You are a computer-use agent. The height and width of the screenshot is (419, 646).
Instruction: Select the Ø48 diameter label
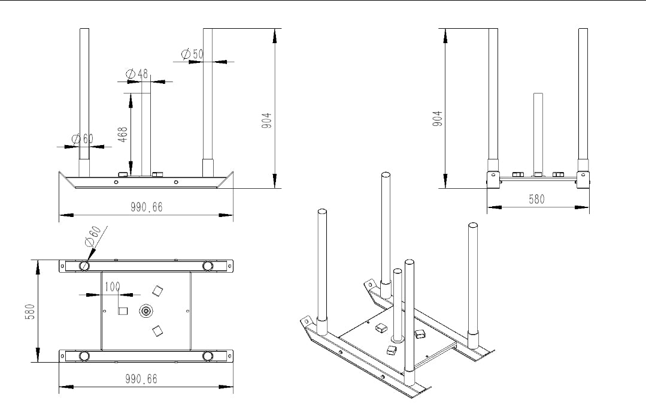[137, 74]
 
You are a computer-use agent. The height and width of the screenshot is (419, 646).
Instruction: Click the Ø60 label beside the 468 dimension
[83, 138]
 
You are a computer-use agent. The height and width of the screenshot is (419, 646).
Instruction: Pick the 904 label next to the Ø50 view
[269, 121]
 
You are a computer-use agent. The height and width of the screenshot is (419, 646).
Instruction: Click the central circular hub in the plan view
[145, 311]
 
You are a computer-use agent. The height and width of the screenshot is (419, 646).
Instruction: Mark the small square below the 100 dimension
[123, 311]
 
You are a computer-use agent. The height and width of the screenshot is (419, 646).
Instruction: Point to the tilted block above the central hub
[157, 291]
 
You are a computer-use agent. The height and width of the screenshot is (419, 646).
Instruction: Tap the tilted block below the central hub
[157, 330]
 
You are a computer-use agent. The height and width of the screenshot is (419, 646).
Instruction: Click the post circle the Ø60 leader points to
[85, 266]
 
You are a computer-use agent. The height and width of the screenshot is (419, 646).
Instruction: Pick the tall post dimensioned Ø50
[208, 96]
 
